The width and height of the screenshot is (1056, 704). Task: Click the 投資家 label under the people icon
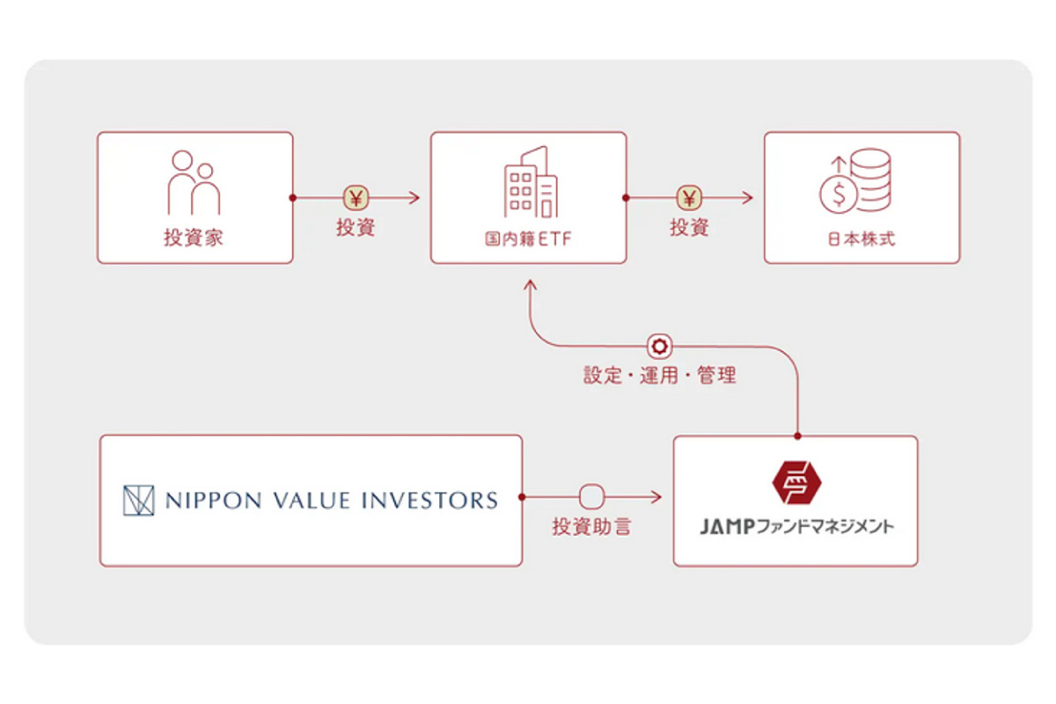click(194, 238)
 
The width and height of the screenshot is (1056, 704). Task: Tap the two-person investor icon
click(194, 183)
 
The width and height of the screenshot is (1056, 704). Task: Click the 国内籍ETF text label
click(529, 238)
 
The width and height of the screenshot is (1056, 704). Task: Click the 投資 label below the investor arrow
click(356, 227)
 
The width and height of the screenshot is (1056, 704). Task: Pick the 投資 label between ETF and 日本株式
click(689, 227)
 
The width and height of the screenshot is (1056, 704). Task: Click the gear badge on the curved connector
click(659, 346)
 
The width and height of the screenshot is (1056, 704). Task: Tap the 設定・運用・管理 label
click(660, 376)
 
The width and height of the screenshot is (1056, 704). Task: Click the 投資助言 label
click(591, 528)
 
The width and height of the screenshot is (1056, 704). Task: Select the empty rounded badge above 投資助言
click(590, 497)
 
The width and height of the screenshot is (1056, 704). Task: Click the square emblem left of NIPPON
click(138, 500)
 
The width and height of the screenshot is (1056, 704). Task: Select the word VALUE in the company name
click(309, 501)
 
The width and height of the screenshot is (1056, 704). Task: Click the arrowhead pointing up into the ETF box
click(529, 286)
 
